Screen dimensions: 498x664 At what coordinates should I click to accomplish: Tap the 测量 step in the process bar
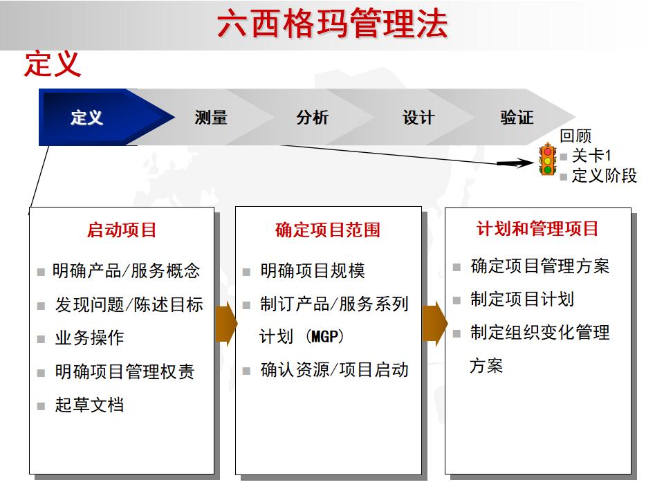coord(211,118)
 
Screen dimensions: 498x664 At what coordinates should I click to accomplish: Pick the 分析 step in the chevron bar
coord(313,118)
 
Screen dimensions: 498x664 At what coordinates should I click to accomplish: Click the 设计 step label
coord(418,118)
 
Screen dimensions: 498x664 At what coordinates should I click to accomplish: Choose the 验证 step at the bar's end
coord(517,118)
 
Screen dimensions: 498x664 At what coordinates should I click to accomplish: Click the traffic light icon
coord(548,160)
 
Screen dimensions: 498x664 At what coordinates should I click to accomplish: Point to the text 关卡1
coord(591,156)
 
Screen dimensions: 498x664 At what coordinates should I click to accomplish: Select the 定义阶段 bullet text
coord(604,176)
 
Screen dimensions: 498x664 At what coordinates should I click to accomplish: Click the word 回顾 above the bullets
coord(575,137)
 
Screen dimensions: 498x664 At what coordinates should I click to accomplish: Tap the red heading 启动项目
coord(122,230)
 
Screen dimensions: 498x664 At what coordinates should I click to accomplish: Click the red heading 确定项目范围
coord(328,230)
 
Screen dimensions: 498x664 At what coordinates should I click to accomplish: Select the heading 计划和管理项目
coord(537,229)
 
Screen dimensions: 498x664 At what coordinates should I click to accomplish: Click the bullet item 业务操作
coord(89,338)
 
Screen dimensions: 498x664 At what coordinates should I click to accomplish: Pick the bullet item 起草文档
coord(89,405)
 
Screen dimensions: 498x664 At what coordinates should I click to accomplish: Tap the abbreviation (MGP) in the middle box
coord(323,337)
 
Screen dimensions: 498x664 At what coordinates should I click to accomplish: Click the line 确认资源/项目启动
coord(334,370)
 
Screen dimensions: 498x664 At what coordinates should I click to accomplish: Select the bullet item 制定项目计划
coord(522,299)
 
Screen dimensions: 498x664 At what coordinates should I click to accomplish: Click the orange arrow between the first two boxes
coord(226,323)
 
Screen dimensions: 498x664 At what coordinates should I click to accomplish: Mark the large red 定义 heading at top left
coord(53,64)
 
